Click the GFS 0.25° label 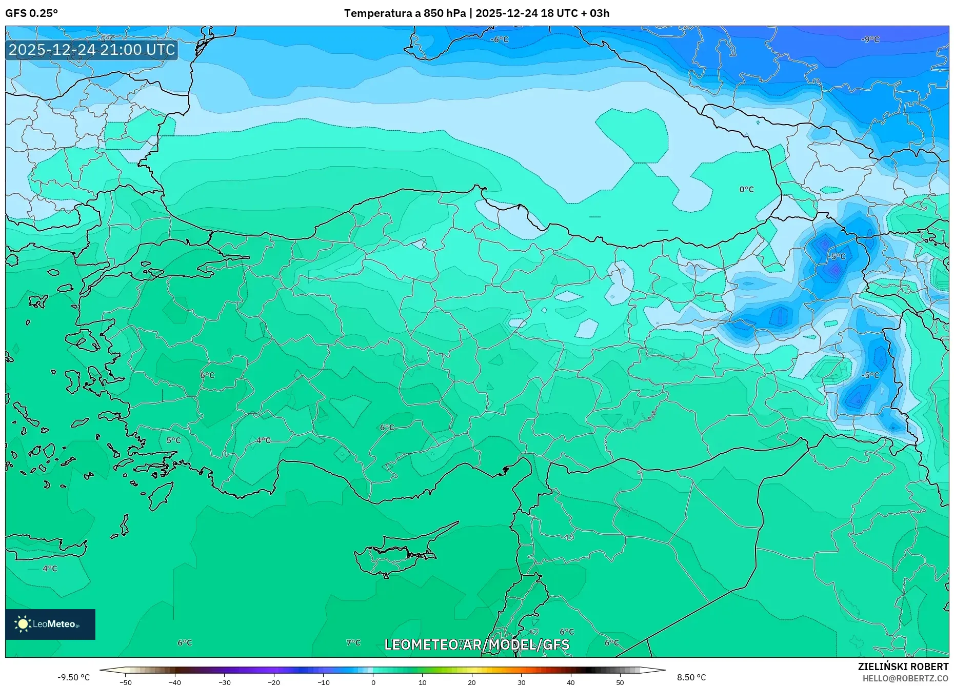pos(31,13)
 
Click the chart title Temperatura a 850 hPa pos(405,13)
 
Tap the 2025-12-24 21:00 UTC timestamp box pos(92,50)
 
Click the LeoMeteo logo pos(50,624)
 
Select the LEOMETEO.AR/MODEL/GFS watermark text pos(476,644)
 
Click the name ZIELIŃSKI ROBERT pos(903,667)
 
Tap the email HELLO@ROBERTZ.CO pos(905,678)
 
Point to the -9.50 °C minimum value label pos(73,677)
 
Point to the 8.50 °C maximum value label pos(691,677)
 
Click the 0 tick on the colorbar pos(373,682)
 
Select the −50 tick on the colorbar pos(126,682)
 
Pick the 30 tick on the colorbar pos(521,682)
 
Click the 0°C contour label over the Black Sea pos(746,190)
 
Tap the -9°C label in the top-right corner pos(870,39)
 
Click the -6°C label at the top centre pos(499,39)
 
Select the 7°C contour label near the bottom pos(353,642)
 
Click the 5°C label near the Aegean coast pos(173,440)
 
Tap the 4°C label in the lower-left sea pos(50,569)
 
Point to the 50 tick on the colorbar pos(620,682)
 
